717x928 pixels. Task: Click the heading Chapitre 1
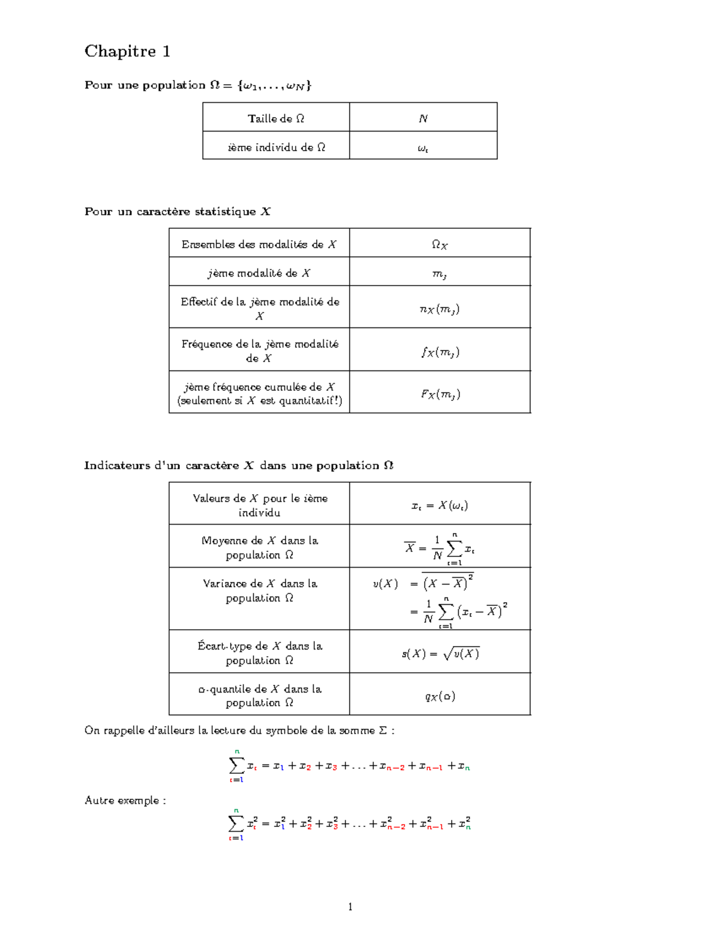pos(127,51)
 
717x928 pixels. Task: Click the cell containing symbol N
pos(423,118)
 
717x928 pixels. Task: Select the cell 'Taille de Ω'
pos(276,118)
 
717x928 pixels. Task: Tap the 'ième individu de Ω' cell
pos(276,147)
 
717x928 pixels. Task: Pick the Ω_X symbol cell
pos(440,244)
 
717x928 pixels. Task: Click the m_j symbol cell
pos(440,274)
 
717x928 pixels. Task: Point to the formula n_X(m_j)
pos(440,309)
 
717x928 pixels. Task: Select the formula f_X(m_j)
pos(440,352)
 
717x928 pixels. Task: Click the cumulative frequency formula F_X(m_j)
pos(440,394)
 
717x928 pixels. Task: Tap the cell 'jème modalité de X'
pos(259,273)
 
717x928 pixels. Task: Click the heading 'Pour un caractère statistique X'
pos(177,212)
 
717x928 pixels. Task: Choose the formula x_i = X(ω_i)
pos(440,506)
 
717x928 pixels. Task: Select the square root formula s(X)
pos(440,653)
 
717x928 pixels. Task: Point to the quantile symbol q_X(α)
pos(440,696)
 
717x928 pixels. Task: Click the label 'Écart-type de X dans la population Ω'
pos(259,653)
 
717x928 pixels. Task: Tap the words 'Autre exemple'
pos(125,801)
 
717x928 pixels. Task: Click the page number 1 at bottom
pos(350,906)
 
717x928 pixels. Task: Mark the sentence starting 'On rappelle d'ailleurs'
pos(239,730)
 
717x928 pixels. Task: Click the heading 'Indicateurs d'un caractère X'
pos(238,465)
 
